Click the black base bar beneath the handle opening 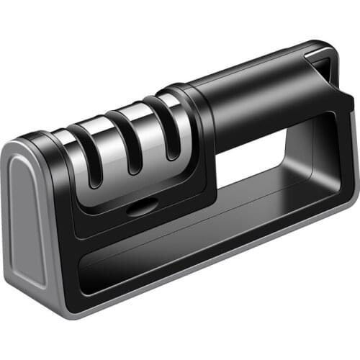(259, 230)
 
